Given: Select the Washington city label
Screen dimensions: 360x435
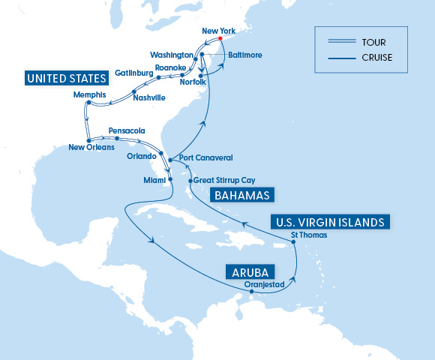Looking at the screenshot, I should pyautogui.click(x=172, y=55).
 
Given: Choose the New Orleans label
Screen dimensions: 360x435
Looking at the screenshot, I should pyautogui.click(x=91, y=148).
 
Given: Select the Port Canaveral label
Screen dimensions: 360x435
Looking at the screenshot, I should pyautogui.click(x=205, y=158).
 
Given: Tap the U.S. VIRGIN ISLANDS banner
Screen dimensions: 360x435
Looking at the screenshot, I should pyautogui.click(x=329, y=222).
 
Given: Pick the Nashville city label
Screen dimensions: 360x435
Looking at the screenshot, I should pyautogui.click(x=148, y=97).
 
